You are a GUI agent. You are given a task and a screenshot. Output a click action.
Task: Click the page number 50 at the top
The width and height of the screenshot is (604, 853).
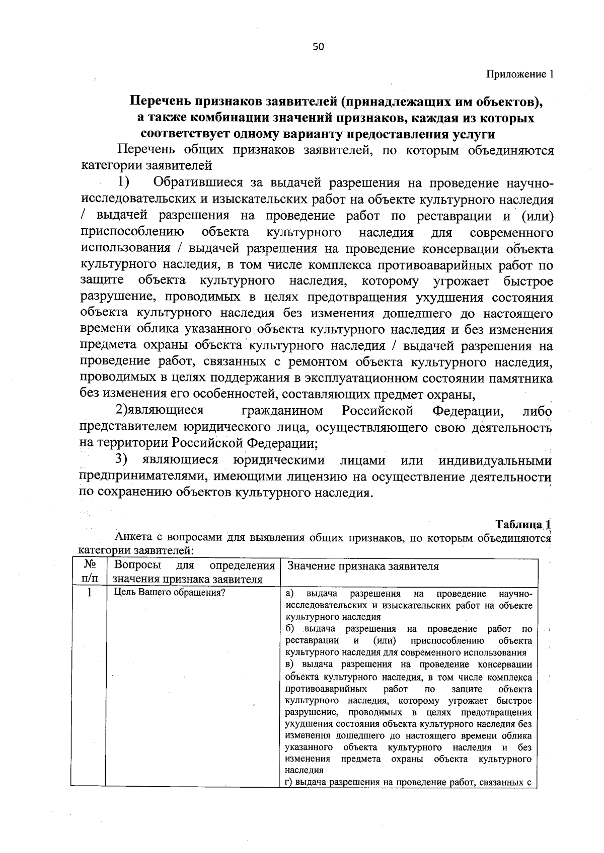[x=318, y=47]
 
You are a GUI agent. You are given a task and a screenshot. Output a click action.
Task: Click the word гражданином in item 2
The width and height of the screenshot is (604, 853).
[x=282, y=411]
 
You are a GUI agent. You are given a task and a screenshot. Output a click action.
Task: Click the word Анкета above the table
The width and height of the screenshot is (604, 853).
[x=133, y=536]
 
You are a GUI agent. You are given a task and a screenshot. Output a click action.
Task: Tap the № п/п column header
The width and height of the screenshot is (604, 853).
[x=89, y=572]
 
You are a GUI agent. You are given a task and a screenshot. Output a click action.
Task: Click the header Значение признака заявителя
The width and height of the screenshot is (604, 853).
[x=362, y=566]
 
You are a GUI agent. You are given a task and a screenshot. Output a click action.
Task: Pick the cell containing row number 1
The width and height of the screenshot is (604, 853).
[x=89, y=593]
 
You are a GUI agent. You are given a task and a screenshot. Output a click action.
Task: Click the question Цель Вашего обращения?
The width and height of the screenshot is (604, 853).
[x=170, y=593]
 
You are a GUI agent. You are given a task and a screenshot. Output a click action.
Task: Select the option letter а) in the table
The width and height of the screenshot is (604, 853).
[x=290, y=593]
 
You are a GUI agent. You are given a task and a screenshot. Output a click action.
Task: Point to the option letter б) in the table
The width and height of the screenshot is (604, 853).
[x=290, y=629]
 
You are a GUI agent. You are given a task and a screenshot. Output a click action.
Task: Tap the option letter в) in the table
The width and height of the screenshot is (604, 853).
[x=290, y=665]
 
